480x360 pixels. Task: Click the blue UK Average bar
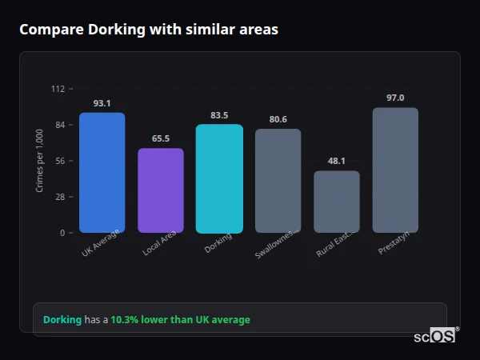[102, 173]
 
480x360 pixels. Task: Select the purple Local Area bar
[161, 190]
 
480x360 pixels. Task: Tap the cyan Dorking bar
[219, 178]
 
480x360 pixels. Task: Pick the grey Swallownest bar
[278, 181]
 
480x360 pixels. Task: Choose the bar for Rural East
[337, 202]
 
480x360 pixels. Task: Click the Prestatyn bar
[395, 170]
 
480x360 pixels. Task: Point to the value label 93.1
[102, 103]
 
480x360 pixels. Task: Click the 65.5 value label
[161, 138]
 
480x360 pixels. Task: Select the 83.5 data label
[219, 115]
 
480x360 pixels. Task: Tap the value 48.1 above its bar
[337, 161]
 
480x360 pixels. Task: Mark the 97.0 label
[395, 98]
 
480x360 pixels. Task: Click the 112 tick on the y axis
[58, 89]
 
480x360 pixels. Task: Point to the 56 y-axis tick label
[60, 161]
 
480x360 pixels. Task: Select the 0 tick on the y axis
[62, 233]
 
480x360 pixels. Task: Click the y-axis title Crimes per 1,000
[40, 161]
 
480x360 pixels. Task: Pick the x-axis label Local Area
[159, 245]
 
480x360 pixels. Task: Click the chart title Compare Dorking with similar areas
[149, 30]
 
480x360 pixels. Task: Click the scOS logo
[435, 336]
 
